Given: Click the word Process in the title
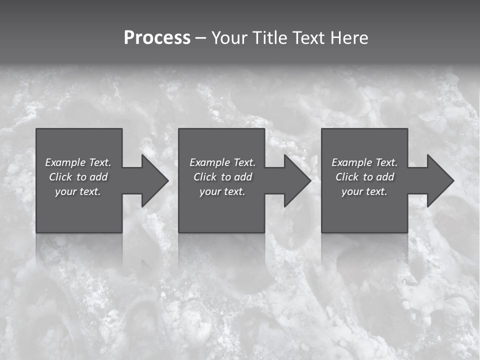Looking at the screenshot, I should pyautogui.click(x=157, y=38).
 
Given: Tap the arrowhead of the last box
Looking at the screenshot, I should pyautogui.click(x=439, y=180).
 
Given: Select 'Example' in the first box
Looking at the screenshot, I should pyautogui.click(x=65, y=162).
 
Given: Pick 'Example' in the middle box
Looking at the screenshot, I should pyautogui.click(x=209, y=162).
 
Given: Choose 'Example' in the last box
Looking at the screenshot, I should pyautogui.click(x=351, y=162).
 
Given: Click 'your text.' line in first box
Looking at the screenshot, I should pyautogui.click(x=78, y=191).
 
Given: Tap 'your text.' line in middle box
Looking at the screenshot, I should pyautogui.click(x=222, y=191).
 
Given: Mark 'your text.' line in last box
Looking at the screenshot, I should pyautogui.click(x=364, y=191).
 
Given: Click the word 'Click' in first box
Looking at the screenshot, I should pyautogui.click(x=60, y=177).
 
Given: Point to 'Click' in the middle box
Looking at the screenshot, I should pyautogui.click(x=204, y=177).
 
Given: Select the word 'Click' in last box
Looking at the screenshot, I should pyautogui.click(x=346, y=177).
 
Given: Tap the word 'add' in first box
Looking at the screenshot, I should pyautogui.click(x=99, y=177).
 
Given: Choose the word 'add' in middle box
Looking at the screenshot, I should pyautogui.click(x=243, y=177).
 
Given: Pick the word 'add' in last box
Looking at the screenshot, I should pyautogui.click(x=385, y=177).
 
